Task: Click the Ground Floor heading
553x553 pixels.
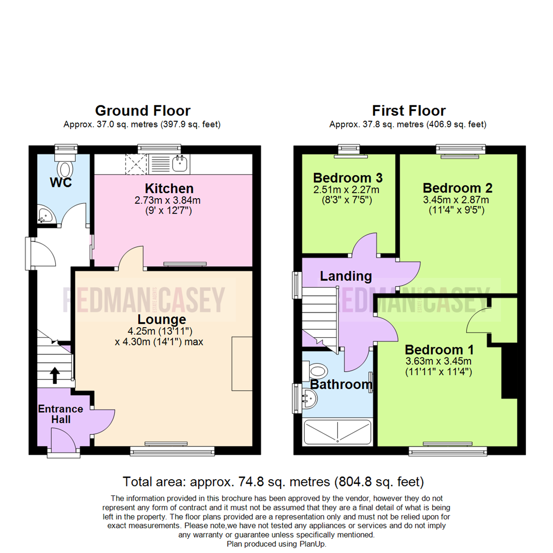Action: [143, 111]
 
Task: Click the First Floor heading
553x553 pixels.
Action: [409, 111]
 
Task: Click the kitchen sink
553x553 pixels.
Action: [180, 163]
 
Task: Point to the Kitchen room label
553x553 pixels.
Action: [169, 188]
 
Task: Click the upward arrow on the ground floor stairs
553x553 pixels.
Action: [55, 375]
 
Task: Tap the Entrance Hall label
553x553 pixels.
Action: [60, 414]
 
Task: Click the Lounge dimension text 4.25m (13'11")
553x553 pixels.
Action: [160, 331]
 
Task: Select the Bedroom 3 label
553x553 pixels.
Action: [348, 178]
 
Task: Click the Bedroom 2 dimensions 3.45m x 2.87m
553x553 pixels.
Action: [456, 200]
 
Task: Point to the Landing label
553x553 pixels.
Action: [346, 276]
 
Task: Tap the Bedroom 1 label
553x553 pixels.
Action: [439, 350]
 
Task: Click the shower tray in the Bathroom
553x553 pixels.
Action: [337, 432]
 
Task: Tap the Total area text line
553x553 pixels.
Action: [273, 482]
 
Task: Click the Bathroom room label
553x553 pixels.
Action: [341, 384]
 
